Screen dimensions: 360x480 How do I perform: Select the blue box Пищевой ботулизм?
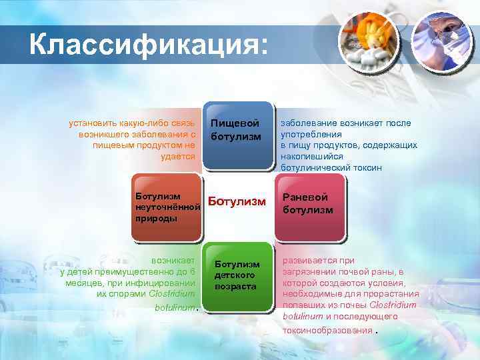click(x=236, y=133)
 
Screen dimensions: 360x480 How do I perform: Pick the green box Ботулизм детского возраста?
click(x=236, y=275)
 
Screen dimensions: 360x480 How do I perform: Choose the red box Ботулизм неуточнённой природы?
click(x=167, y=207)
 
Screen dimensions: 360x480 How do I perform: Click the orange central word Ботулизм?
click(x=237, y=201)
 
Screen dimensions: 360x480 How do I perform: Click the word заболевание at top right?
click(x=307, y=123)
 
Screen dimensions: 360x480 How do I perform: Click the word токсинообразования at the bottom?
click(x=326, y=329)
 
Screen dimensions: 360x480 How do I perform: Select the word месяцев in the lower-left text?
click(x=82, y=282)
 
